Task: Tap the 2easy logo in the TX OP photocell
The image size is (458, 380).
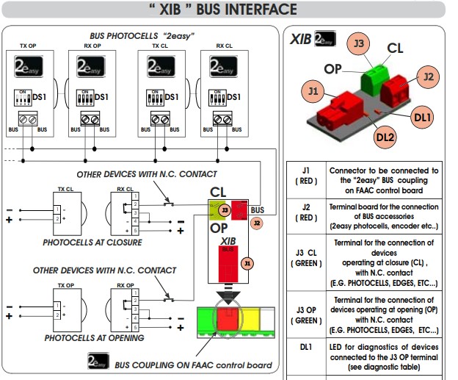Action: (29, 69)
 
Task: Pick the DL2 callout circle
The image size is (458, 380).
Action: (386, 135)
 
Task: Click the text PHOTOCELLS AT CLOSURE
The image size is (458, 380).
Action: (92, 242)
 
